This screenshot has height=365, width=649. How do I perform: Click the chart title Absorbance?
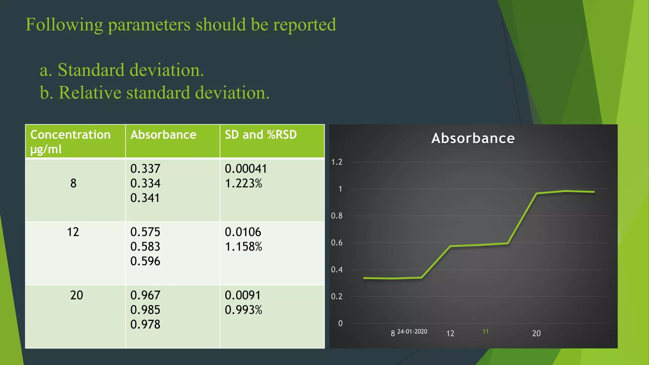pos(473,138)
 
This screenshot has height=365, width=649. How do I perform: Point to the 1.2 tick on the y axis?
pos(337,162)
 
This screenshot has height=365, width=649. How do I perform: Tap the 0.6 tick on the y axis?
pos(337,243)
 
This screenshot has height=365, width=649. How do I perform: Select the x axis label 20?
pos(536,334)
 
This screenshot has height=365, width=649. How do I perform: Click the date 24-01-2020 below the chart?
pos(412,332)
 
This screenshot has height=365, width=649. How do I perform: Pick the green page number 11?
pos(485,332)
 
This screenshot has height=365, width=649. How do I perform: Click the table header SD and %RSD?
pos(260,135)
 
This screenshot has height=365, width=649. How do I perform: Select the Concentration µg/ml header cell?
pos(70,142)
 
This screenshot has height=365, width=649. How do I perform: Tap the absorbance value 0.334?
pos(145,183)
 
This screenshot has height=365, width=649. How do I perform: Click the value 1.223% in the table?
pos(243,183)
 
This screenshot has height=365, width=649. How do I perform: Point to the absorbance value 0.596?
pos(145,261)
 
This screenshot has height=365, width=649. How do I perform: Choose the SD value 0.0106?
pos(243,232)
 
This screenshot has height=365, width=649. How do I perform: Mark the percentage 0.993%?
pos(243,310)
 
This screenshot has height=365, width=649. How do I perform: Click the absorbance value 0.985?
pos(145,310)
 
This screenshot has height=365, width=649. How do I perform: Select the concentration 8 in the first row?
pos(73,183)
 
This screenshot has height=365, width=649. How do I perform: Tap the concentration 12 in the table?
pos(73,232)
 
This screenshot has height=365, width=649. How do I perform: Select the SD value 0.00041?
pos(246,169)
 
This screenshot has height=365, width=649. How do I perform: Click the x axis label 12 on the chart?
pos(450,334)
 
